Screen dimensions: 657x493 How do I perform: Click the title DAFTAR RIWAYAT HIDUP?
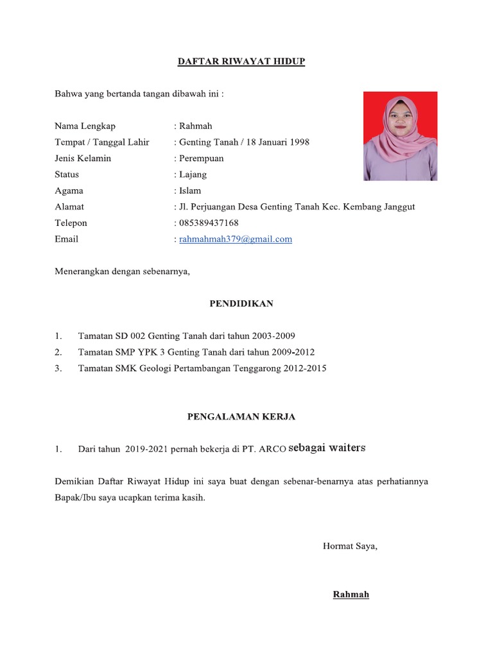(241, 62)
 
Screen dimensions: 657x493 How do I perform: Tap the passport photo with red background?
(400, 136)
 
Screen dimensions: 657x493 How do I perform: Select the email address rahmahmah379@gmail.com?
(236, 239)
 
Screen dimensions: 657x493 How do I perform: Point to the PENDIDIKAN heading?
(241, 303)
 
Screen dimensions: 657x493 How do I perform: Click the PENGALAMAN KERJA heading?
(241, 417)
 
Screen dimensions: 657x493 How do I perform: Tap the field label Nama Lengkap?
(85, 126)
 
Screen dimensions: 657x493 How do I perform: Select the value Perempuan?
(202, 158)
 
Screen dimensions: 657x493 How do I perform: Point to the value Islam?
(190, 191)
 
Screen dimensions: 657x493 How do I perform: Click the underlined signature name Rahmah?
(350, 595)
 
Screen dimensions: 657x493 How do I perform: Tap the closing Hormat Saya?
(350, 547)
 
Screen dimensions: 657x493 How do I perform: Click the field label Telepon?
(71, 223)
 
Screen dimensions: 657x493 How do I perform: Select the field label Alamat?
(69, 207)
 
